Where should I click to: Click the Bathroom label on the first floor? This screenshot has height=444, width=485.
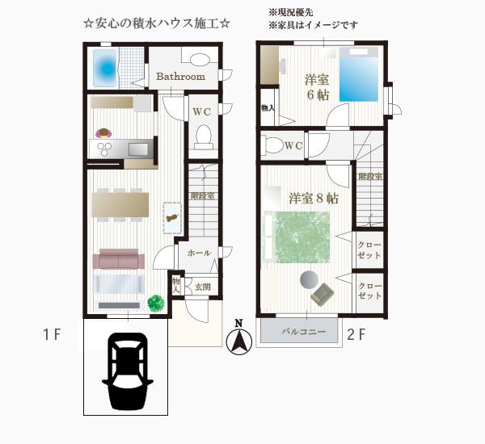(180, 77)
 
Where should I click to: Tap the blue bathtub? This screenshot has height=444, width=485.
(105, 68)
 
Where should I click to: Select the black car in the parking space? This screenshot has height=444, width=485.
(128, 371)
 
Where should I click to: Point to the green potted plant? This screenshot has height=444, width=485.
(155, 304)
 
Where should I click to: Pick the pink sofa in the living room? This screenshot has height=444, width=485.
(119, 259)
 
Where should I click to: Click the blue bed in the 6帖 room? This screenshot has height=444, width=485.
(359, 74)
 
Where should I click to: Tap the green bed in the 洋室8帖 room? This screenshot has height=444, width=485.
(297, 237)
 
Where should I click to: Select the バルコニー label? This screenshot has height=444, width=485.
(303, 332)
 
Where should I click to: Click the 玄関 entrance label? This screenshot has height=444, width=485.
(203, 287)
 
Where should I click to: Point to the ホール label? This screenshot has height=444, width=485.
(199, 253)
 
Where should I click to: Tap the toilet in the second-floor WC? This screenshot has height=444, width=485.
(273, 145)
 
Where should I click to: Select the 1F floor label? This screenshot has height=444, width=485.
(52, 334)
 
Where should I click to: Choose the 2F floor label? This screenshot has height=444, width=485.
(356, 334)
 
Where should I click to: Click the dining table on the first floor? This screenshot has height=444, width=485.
(120, 205)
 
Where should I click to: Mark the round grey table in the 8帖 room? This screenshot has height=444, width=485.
(309, 279)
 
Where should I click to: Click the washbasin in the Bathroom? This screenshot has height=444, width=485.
(200, 59)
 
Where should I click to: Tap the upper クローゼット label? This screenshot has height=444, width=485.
(369, 250)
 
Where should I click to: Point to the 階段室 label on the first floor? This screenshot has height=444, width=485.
(203, 196)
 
